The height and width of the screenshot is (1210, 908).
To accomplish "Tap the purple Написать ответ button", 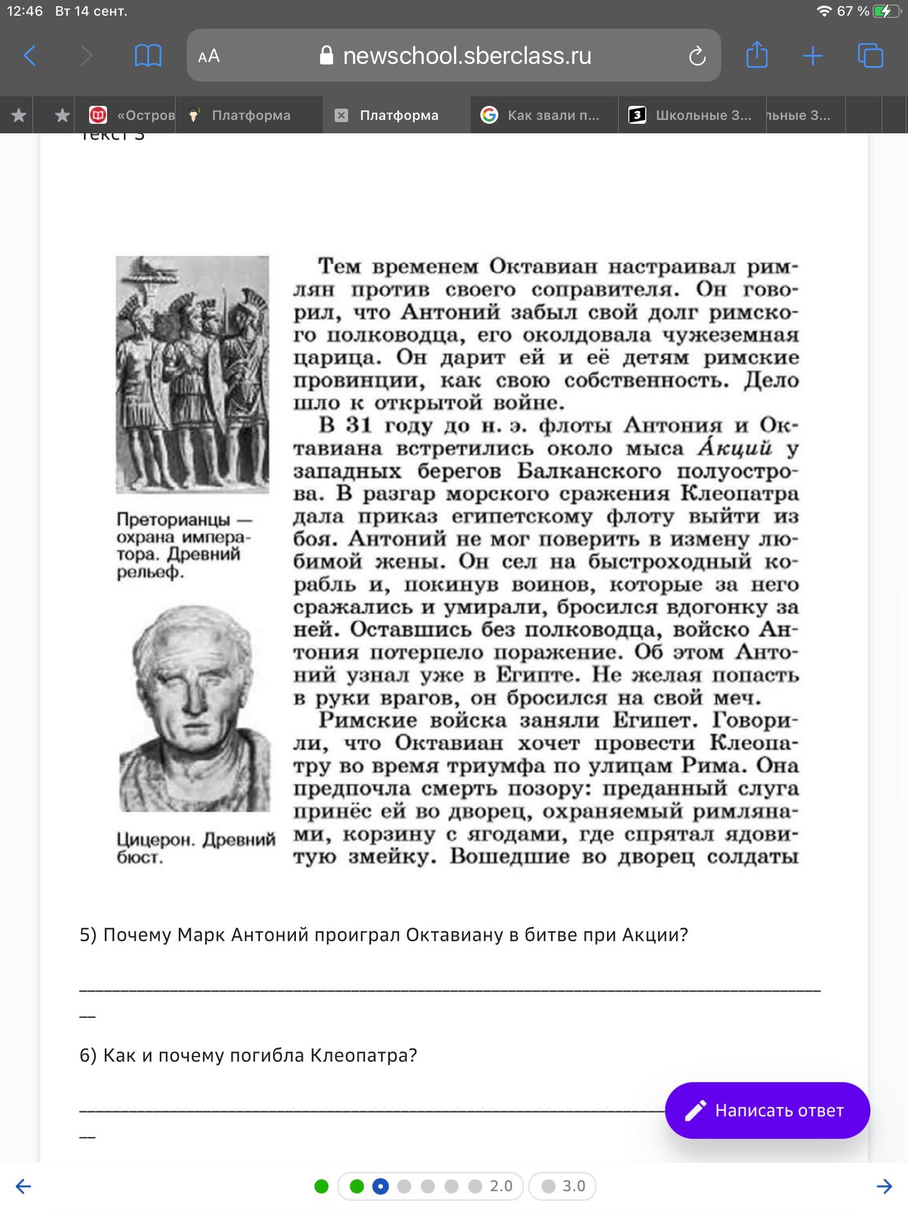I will point(767,1110).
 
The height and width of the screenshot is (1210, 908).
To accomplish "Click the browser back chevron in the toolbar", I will point(30,55).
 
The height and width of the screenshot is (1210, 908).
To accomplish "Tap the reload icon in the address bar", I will point(697,56).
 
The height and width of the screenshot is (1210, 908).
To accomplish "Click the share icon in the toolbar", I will point(757,55).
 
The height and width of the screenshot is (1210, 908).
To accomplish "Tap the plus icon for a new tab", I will point(813,55).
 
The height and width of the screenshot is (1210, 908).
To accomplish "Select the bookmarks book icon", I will point(148,55).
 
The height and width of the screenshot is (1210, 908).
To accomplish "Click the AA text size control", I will point(209,56).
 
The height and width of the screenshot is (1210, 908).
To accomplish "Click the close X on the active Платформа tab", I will point(341,115).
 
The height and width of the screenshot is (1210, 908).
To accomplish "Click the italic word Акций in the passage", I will point(734,448).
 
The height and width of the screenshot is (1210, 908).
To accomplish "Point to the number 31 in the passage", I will point(359,425).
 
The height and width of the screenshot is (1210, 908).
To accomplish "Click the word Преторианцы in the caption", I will point(173,519).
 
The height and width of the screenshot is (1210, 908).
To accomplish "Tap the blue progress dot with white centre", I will point(380,1186).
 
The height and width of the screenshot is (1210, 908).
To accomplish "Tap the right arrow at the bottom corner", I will point(884,1186).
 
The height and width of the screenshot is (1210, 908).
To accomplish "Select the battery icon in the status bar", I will point(885,11).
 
